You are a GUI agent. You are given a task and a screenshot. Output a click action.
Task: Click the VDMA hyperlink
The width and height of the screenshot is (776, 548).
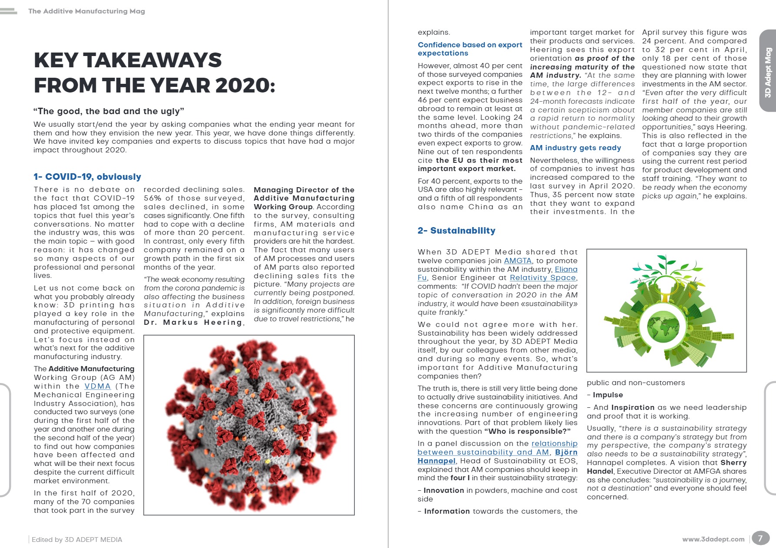click(x=97, y=386)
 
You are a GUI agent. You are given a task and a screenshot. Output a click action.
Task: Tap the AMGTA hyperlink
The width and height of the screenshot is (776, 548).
click(x=517, y=261)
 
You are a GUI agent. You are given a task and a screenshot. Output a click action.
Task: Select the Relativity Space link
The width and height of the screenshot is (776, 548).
click(x=543, y=278)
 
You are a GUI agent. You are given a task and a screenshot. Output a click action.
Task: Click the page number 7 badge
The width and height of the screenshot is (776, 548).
click(x=760, y=538)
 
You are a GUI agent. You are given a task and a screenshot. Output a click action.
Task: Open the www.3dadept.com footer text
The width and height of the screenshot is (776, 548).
click(x=713, y=539)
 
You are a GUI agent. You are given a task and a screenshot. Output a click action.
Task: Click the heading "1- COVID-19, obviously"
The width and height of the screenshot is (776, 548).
click(x=87, y=177)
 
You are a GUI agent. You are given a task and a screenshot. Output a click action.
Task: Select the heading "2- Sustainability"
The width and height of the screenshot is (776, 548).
click(x=456, y=231)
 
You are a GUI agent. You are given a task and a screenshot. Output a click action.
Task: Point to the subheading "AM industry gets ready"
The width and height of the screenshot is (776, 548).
click(x=575, y=148)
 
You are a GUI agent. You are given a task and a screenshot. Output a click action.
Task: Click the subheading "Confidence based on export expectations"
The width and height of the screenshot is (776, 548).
click(x=470, y=49)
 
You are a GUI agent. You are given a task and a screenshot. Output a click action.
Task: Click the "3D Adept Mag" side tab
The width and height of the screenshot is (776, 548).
click(x=768, y=72)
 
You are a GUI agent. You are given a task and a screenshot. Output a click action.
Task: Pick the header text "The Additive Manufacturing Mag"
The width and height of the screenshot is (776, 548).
click(x=87, y=11)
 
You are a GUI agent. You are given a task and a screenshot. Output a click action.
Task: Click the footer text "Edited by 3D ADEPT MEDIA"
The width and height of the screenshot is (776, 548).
click(x=77, y=539)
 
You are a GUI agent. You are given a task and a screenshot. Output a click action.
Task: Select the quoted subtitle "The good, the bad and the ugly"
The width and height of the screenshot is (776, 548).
click(x=109, y=111)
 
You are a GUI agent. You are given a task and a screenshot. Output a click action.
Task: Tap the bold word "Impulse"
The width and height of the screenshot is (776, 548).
click(x=608, y=395)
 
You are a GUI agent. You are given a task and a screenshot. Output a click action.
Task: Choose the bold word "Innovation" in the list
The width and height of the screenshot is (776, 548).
click(x=443, y=490)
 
